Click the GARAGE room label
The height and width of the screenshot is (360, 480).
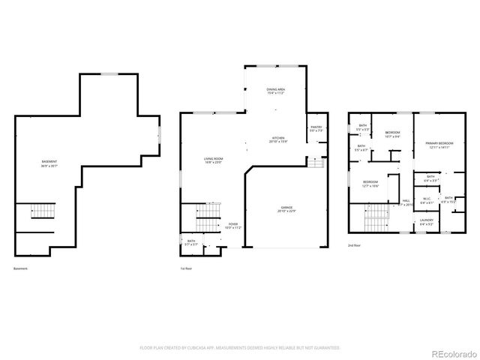(x=286, y=208)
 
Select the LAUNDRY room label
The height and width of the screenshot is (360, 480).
(x=427, y=222)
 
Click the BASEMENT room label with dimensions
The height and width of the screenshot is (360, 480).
(x=49, y=163)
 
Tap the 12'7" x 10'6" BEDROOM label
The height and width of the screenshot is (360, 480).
(x=370, y=184)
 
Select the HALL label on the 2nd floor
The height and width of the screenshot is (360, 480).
(x=406, y=202)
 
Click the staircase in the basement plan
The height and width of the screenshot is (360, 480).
(x=43, y=214)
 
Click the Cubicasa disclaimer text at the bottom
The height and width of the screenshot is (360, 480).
(x=239, y=347)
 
